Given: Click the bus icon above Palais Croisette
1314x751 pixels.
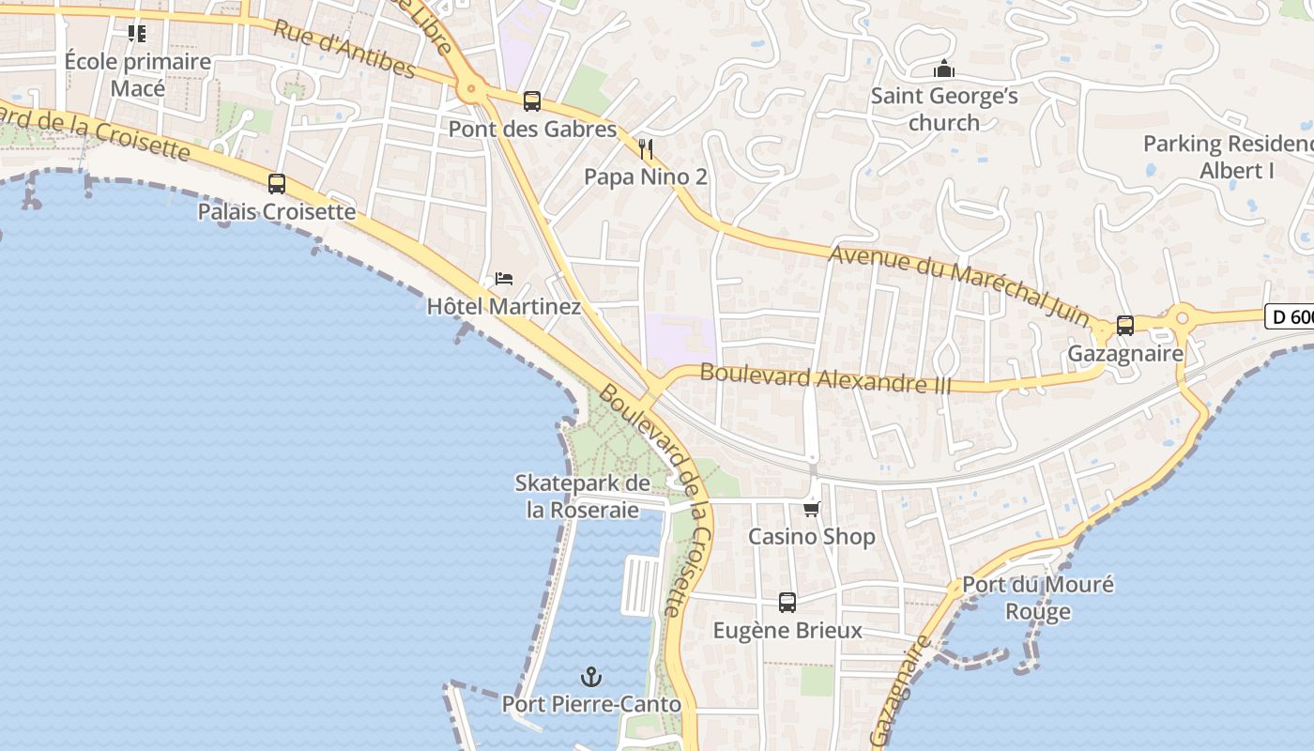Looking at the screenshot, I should pos(276,184).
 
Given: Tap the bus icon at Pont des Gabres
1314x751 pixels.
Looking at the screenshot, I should pos(531,101).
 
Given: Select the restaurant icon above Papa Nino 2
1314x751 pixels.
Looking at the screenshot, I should pos(645,148).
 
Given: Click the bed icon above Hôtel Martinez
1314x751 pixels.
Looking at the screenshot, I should pos(504,279).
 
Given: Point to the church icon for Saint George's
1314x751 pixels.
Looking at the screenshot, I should pos(943,69).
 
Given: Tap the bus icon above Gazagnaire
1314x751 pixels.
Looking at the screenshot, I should pos(1124,326).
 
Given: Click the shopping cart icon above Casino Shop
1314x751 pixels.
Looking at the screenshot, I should pos(811,509).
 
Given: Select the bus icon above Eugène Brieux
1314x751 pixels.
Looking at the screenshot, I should pos(787,602).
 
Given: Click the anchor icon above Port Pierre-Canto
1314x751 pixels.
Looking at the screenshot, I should pos(590,676).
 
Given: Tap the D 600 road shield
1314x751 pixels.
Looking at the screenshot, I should pos(1291,317).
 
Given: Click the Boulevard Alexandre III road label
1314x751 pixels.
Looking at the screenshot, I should pos(826,378).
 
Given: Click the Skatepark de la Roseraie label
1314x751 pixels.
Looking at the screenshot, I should pos(582,497).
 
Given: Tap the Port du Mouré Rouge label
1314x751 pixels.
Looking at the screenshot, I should pos(1038,598).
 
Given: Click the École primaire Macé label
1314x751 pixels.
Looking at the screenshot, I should pos(138,75).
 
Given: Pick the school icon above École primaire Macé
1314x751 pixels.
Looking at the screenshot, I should pos(137,34).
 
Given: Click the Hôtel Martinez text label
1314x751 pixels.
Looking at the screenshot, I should pos(504,307).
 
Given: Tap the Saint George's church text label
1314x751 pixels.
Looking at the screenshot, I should pos(944,109).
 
